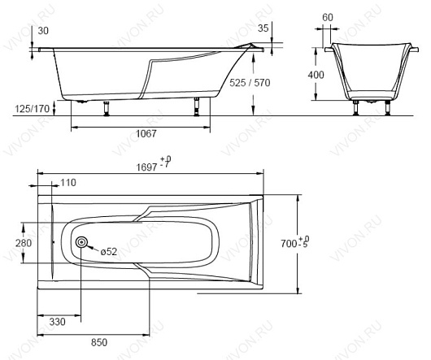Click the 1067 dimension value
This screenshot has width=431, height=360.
click(146, 134)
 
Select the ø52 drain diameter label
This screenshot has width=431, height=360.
click(109, 252)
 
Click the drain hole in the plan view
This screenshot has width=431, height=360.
click(81, 242)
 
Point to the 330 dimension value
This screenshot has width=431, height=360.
click(58, 322)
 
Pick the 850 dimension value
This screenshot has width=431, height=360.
click(99, 343)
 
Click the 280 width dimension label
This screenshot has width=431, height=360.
click(24, 243)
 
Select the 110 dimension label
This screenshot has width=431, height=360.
click(67, 183)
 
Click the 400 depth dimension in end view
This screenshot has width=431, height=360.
click(316, 75)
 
